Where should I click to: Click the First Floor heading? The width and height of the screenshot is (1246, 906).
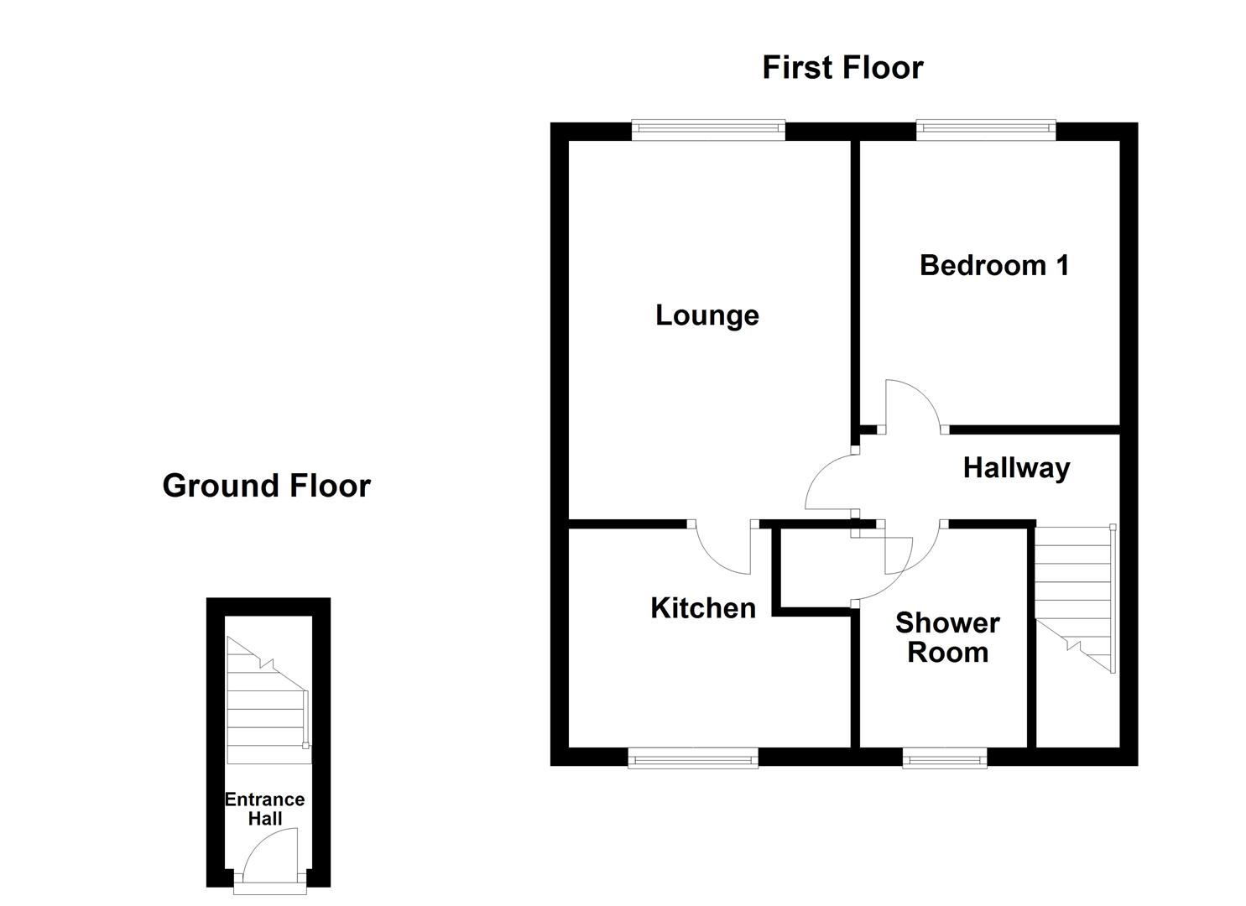coord(842,67)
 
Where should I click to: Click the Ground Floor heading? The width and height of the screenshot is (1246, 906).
coord(266,486)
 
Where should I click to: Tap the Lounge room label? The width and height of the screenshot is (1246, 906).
coord(706,315)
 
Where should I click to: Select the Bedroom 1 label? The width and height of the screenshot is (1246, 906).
coord(994,265)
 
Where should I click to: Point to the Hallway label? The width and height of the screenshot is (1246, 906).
coord(1016,467)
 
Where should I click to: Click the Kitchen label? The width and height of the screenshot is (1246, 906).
coord(703,608)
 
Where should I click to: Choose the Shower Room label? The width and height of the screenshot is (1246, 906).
coord(947,638)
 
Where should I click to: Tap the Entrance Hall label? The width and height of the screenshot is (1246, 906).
coord(264,810)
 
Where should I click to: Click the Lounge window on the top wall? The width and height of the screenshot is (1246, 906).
coord(708,128)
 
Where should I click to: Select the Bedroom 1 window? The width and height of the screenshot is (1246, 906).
coord(986,128)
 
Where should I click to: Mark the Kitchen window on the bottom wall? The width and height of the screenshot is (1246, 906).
coord(693,760)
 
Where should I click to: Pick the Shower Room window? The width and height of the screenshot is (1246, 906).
coord(945,760)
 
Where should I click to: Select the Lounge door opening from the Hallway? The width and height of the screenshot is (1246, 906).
coord(828,482)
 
